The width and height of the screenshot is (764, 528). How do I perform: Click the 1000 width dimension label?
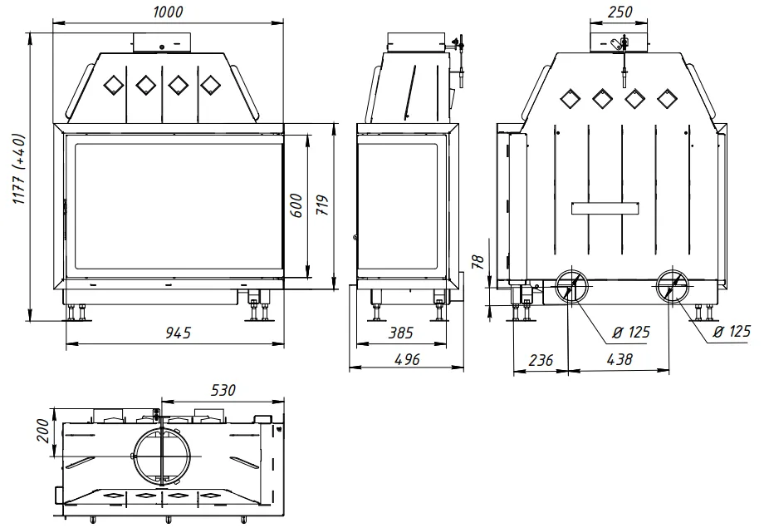click(168, 12)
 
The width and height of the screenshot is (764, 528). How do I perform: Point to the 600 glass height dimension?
click(297, 205)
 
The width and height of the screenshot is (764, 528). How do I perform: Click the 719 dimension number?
click(322, 205)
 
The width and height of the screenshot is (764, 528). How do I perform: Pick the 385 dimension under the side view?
click(400, 333)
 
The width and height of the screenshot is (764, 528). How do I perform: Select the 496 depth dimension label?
click(406, 359)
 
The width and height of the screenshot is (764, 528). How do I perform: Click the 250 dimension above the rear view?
click(620, 12)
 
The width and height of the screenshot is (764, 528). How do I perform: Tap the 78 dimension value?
click(477, 264)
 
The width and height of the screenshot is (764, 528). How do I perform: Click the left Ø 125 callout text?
click(630, 333)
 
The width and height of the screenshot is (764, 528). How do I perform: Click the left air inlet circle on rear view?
click(571, 287)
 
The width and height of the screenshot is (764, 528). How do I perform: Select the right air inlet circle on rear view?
click(672, 287)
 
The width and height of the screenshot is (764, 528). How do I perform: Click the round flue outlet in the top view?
click(161, 456)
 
